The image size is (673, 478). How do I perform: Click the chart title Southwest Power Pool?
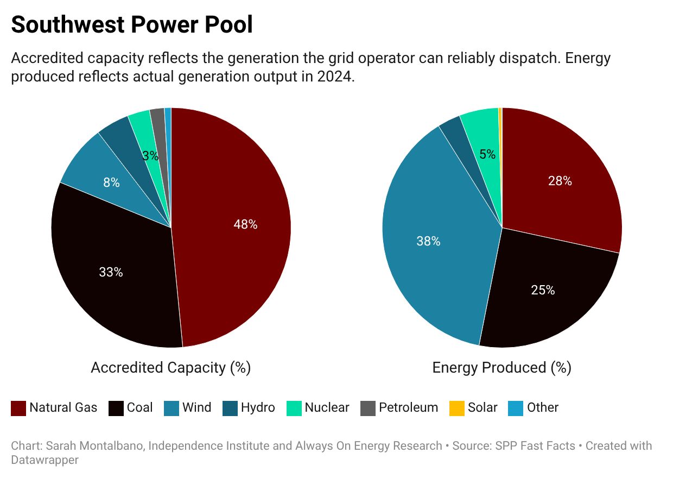pos(132,24)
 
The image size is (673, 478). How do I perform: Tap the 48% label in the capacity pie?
pos(245,224)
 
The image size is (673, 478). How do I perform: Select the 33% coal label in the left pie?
pos(111,272)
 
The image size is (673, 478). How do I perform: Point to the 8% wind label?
pos(111,183)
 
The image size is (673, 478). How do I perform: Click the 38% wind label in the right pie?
pos(428,241)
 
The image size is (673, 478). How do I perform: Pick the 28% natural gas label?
pos(560,181)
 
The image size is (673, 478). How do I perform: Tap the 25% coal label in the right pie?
pos(543,290)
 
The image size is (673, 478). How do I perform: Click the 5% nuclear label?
pos(487,154)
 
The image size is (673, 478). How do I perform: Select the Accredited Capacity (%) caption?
pos(170,368)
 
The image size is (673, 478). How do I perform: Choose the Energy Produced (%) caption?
pos(501,368)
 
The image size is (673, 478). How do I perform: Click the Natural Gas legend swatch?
pos(18,408)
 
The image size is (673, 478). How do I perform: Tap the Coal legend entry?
pos(131,408)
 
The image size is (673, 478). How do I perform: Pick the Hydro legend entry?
pos(249,408)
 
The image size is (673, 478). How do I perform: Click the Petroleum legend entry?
pos(399,408)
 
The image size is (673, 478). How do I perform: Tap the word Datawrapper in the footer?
pos(45,460)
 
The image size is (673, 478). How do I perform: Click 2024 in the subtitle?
pos(335,77)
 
